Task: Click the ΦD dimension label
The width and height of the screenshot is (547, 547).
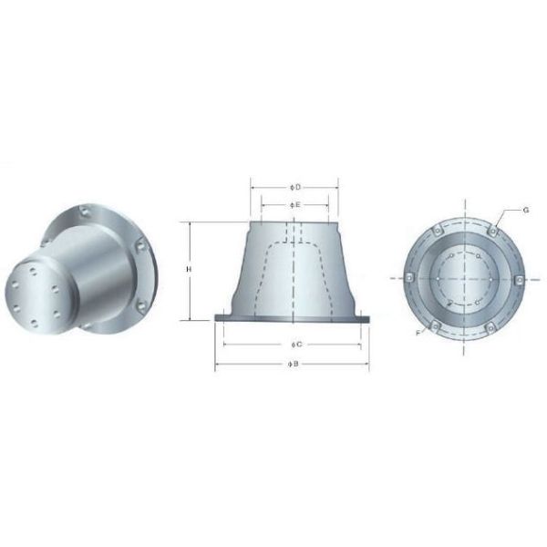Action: [294, 187]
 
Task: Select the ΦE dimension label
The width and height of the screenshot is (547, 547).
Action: [294, 205]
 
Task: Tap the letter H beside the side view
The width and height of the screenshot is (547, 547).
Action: [187, 270]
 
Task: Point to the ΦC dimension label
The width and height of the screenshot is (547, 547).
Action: [294, 345]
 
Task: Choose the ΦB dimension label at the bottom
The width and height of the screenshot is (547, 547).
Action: [294, 363]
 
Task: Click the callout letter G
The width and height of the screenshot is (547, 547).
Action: [526, 210]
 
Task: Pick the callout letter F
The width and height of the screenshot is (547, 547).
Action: [418, 335]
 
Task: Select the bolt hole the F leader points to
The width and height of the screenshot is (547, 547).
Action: [435, 325]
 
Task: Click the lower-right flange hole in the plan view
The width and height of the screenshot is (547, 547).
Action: [492, 325]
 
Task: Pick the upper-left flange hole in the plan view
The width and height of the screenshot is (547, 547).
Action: [435, 230]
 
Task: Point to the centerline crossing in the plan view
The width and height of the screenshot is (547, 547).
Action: [463, 278]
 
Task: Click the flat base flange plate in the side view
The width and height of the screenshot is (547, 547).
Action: [294, 318]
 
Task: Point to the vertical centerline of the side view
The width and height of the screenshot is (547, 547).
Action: [294, 273]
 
